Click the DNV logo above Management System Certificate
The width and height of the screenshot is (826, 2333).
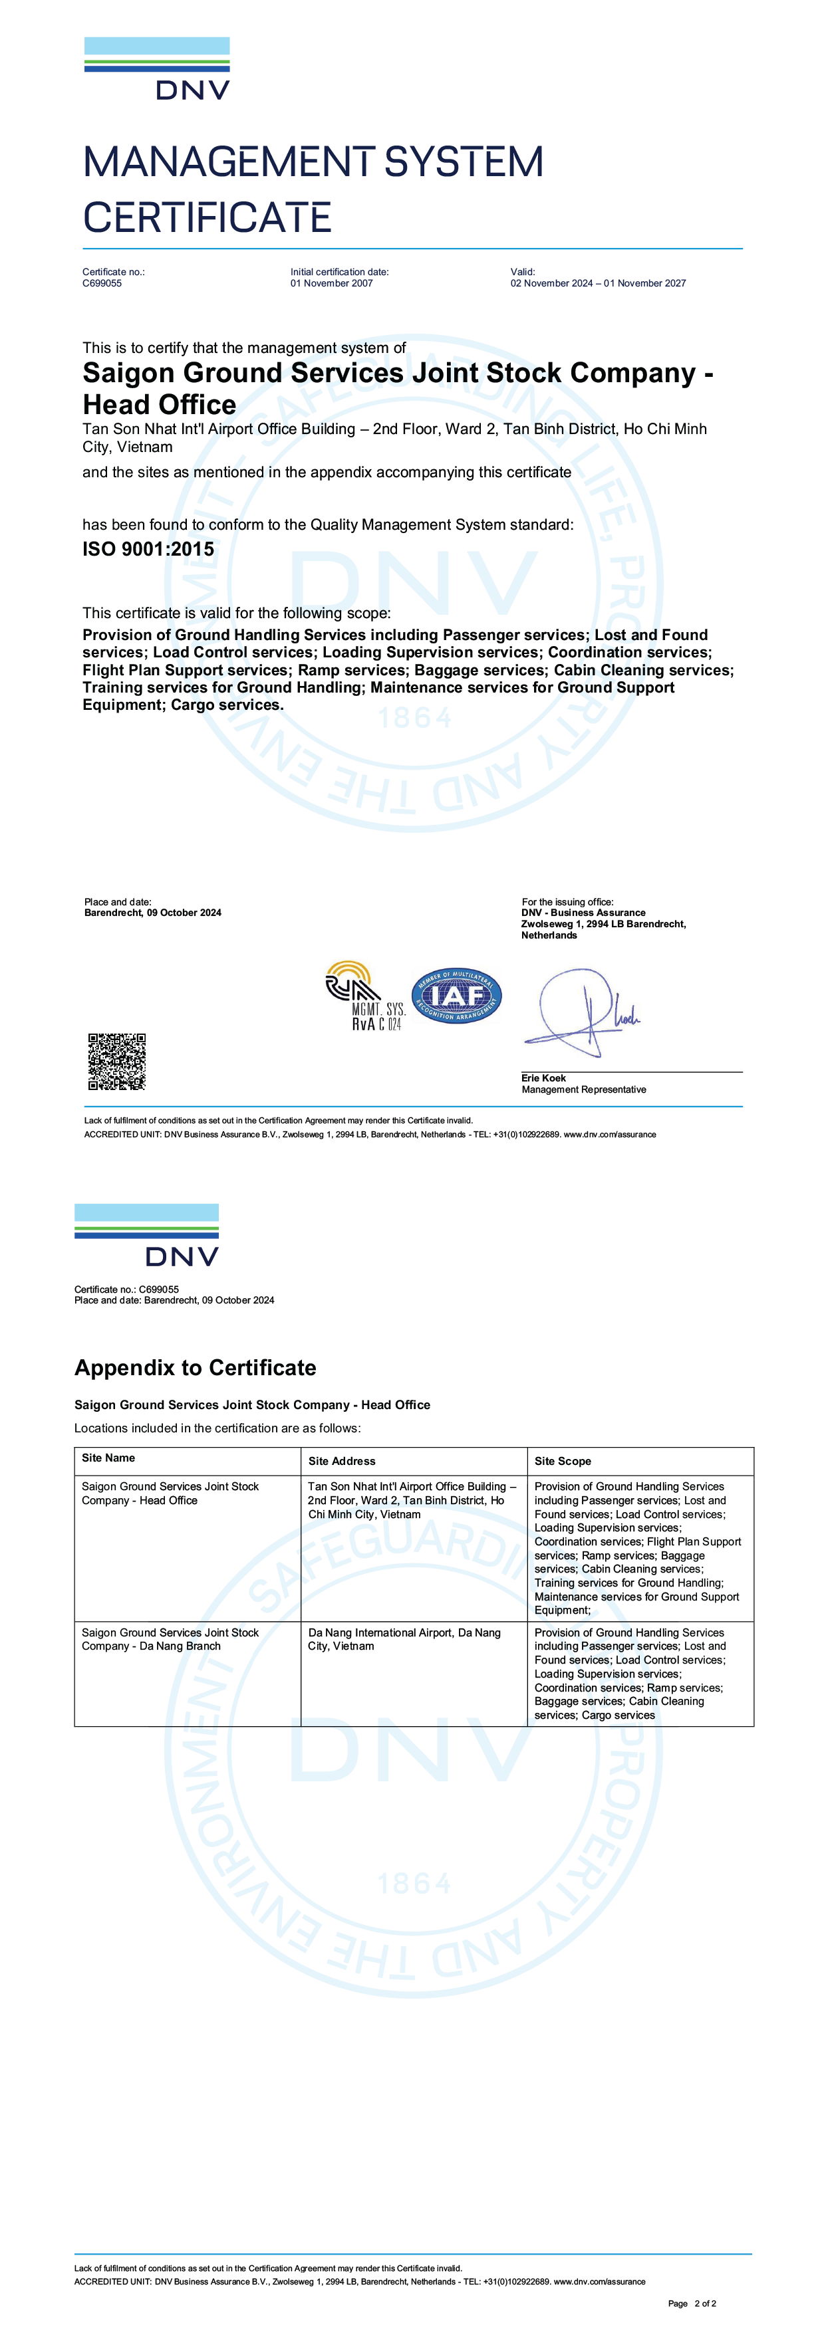[157, 69]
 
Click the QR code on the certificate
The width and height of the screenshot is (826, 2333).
[117, 1061]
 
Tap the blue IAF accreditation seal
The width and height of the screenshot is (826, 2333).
[456, 995]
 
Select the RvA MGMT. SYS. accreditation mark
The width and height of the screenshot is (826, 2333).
[365, 995]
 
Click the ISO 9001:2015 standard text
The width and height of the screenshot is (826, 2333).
[148, 549]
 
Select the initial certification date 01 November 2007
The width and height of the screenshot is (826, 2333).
[331, 283]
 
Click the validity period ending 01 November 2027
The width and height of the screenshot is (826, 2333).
[598, 283]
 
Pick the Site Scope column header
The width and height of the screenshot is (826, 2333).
[563, 1461]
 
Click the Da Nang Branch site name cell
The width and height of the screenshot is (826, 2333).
[170, 1639]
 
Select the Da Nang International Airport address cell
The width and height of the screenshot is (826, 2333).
[404, 1639]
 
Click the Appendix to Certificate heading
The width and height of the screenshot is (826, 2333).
[196, 1367]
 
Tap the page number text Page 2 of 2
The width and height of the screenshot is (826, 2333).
[692, 2303]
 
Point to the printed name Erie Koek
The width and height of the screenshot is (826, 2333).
[543, 1077]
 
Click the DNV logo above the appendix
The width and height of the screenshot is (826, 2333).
[147, 1236]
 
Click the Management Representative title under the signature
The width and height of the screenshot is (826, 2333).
[583, 1089]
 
